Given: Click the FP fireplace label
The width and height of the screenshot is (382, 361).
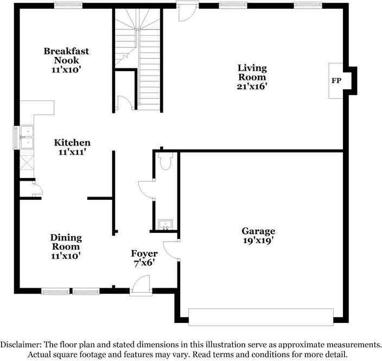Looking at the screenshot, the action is coord(336,81).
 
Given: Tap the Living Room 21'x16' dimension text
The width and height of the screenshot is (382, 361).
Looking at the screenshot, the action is coord(252,86).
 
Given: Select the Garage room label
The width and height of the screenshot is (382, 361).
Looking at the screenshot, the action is coord(258,231).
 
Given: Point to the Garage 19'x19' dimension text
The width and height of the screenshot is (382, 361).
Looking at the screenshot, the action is coord(258,240).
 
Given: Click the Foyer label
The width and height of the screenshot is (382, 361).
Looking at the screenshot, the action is coord(144,254).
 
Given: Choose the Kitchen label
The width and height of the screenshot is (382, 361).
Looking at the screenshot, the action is coord(72,143).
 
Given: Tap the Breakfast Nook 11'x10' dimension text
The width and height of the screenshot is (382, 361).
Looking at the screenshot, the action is coord(66,69).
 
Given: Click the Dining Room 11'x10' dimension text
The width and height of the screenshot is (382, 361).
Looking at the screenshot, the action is coord(66,256).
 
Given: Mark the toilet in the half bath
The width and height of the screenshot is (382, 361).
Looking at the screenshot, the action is coord(165,161).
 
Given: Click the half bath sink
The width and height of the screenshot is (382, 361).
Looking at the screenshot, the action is coord(165,225).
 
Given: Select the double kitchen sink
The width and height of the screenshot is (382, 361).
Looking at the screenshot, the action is coord(27,137).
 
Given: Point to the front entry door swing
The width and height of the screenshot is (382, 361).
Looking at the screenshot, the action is coord(141,284).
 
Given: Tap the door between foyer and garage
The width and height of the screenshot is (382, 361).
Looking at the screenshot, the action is coord(171,251).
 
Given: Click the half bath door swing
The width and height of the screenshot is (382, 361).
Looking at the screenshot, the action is coord(147,189).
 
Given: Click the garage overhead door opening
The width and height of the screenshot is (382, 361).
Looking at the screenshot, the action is coord(261,317).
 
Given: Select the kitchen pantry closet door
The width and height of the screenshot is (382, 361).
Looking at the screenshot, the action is coord(37,187).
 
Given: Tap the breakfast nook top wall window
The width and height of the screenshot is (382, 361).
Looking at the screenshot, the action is coord(68,5).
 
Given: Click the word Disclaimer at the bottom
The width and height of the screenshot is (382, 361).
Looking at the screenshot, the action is coord(21,345).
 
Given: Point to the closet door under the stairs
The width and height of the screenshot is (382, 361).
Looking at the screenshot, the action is coord(125,103).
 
